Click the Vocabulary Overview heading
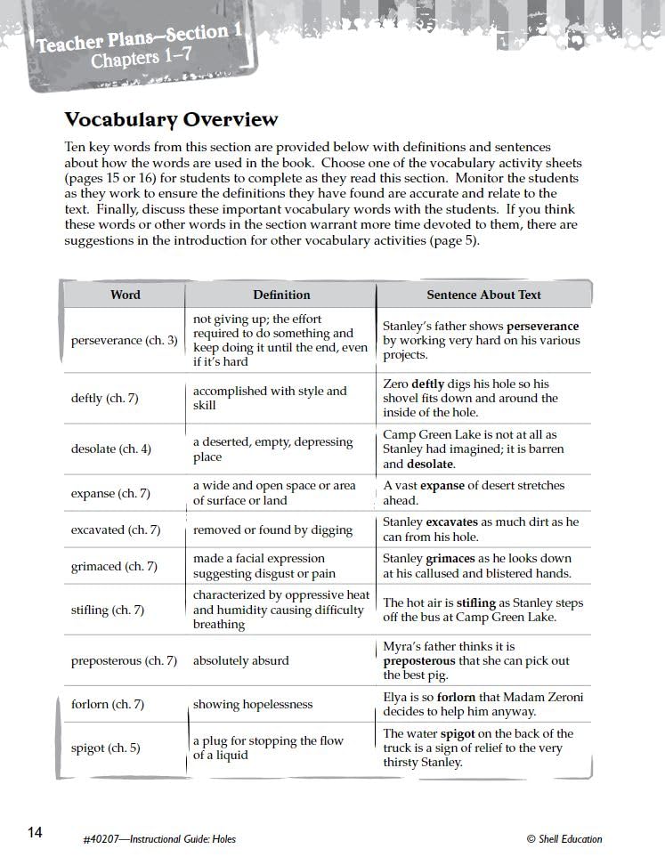(x=171, y=119)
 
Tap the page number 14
(x=35, y=832)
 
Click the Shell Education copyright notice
(x=564, y=838)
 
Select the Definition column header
(x=281, y=295)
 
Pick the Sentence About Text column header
(x=483, y=295)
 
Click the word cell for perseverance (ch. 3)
(x=124, y=340)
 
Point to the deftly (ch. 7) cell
(x=104, y=398)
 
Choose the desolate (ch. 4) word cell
(x=111, y=449)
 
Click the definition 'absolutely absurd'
(x=240, y=660)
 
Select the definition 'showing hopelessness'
(x=253, y=704)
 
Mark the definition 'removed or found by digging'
(x=272, y=530)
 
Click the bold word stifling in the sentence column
(x=476, y=602)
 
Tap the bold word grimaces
(x=450, y=558)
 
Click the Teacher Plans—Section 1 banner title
(x=139, y=38)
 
